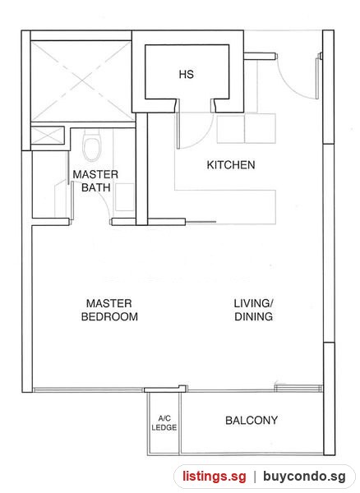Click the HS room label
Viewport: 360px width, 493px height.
186,75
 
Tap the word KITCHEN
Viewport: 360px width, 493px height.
231,165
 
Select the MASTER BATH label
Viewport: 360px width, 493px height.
95,181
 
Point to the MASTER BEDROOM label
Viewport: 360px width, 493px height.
109,310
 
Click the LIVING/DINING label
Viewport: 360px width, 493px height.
253,310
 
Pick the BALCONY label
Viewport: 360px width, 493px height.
252,421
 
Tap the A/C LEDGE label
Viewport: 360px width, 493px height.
164,423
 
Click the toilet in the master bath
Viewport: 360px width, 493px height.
92,145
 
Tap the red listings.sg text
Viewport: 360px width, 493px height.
215,476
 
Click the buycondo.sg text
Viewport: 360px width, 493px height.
304,476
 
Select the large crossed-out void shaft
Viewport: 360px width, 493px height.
81,81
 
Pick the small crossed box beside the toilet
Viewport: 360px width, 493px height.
47,136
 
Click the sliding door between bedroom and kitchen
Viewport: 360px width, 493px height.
201,222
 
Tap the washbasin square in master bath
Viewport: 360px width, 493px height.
125,197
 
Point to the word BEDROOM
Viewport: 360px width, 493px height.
109,316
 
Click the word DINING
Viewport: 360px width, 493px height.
253,316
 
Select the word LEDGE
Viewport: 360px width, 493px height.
164,427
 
